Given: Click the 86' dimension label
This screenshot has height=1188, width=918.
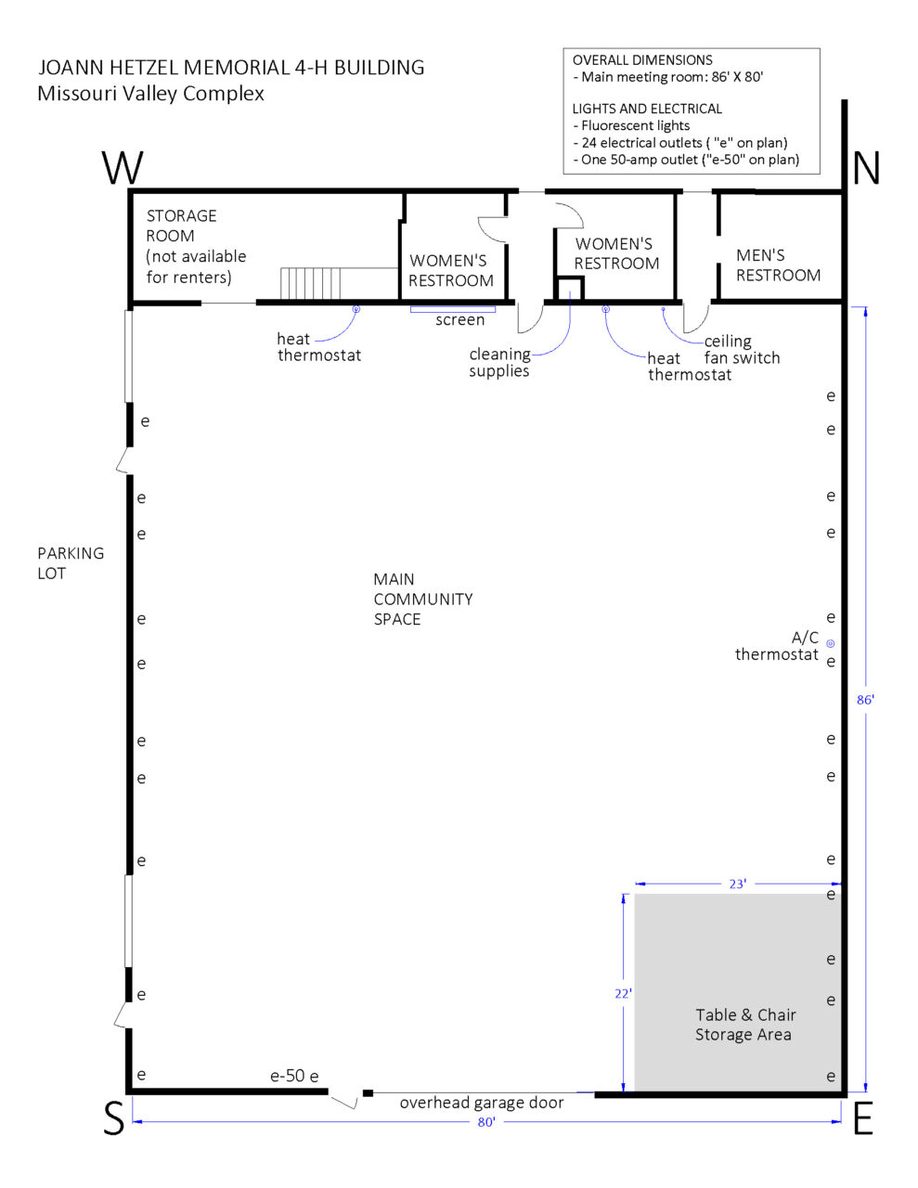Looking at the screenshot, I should [x=865, y=700].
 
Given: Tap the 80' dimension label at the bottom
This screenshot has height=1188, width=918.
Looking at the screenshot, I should [x=486, y=1122].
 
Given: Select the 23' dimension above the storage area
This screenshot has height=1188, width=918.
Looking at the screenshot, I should [x=737, y=885].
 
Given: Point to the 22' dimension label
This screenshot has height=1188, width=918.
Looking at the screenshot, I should [x=623, y=993].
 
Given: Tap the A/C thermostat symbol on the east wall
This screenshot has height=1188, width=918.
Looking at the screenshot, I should [x=831, y=643].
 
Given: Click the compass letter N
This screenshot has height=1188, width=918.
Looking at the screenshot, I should [x=865, y=168].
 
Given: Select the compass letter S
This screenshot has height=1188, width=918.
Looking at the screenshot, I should [x=113, y=1120].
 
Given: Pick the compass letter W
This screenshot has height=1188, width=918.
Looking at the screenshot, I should [x=123, y=168].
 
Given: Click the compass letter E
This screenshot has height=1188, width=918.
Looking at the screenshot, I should [x=862, y=1120].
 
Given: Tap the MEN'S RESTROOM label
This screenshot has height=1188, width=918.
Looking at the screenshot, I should [x=778, y=265].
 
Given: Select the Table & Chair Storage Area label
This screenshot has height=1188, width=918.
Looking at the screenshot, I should [x=744, y=1025].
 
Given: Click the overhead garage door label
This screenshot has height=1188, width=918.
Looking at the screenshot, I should [x=482, y=1103].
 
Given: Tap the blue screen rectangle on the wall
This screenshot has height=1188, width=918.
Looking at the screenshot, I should [x=453, y=309].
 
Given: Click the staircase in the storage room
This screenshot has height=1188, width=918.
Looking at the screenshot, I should [x=312, y=283].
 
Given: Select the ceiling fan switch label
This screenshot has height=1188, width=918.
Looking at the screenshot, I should [x=741, y=349].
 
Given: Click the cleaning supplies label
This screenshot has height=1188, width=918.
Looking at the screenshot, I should [x=499, y=362].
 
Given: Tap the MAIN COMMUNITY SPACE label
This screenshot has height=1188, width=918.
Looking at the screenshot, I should [x=422, y=599].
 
